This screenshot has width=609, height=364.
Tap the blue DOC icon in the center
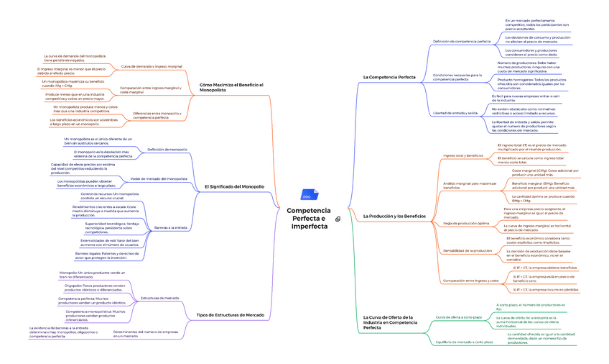tap(306, 196)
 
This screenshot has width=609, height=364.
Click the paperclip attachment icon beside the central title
tap(338, 218)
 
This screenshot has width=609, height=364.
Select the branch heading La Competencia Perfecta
tap(389, 76)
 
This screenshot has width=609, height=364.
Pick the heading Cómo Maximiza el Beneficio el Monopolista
tap(231, 87)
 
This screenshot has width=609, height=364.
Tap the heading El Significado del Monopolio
tap(234, 186)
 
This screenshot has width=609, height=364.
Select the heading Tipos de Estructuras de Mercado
tap(230, 315)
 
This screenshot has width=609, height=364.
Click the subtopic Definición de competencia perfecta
tap(462, 42)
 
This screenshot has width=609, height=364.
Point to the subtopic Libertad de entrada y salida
tap(455, 113)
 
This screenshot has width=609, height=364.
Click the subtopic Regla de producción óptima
tap(466, 223)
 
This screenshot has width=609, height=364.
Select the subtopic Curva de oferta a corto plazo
tap(459, 317)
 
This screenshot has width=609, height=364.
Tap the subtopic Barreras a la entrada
tap(171, 227)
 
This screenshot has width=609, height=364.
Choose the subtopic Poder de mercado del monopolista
tap(159, 178)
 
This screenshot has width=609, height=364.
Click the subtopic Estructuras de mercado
tap(160, 298)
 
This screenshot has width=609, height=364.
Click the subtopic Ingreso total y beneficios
tap(463, 155)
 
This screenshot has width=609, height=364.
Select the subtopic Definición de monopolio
tap(167, 150)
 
